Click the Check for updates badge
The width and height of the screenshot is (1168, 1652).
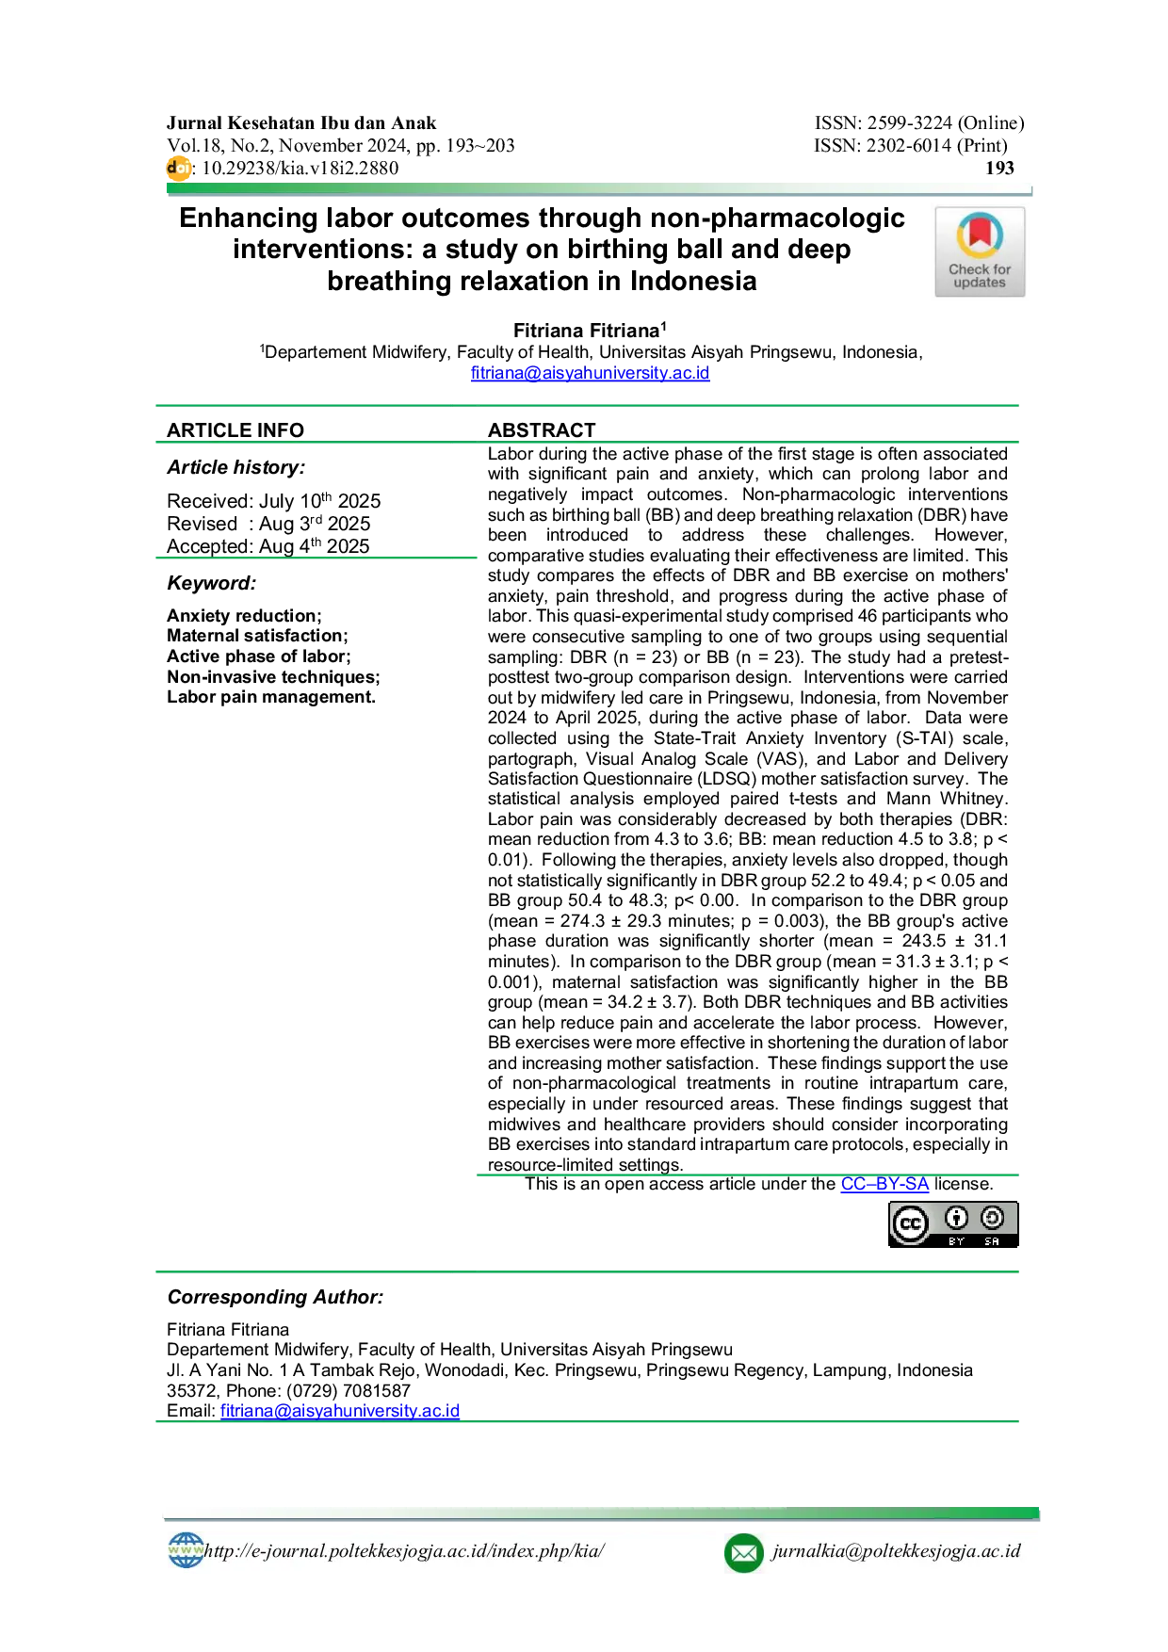coord(980,251)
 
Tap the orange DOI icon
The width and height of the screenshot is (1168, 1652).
coord(178,169)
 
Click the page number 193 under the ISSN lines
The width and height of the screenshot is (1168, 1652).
coord(999,169)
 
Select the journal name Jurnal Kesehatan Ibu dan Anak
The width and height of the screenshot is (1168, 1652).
coord(301,123)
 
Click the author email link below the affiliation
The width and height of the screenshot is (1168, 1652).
coord(591,373)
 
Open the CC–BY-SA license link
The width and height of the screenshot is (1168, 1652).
coord(884,1184)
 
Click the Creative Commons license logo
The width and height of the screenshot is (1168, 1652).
coord(953,1224)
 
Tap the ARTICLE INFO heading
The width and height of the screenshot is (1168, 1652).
coord(235,430)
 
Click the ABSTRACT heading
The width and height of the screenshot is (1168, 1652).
coord(542,430)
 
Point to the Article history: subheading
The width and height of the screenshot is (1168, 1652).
coord(236,468)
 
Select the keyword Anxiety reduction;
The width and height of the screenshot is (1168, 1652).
coord(244,616)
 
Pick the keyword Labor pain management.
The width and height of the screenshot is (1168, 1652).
coord(271,697)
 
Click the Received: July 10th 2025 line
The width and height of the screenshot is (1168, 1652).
coord(274,500)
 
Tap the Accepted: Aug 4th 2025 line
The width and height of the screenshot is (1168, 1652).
coord(268,545)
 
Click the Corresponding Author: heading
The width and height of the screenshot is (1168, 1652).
coord(276,1297)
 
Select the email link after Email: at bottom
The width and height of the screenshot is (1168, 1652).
coord(340,1411)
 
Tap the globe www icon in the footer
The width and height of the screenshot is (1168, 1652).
coord(186,1550)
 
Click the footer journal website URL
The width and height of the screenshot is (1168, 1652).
coord(405,1551)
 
